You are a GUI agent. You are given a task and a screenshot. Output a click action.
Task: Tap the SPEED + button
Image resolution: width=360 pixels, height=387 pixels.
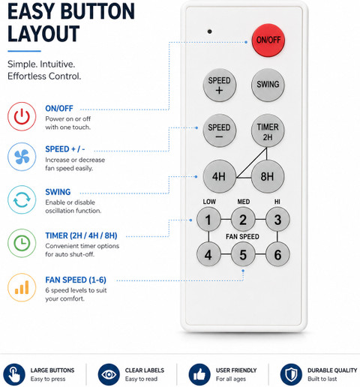(220, 85)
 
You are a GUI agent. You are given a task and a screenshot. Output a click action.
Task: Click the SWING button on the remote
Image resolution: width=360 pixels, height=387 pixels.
(268, 85)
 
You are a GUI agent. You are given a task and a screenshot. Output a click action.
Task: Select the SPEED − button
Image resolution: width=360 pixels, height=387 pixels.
(220, 130)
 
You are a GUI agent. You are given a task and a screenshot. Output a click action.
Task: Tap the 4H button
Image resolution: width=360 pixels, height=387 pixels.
(220, 176)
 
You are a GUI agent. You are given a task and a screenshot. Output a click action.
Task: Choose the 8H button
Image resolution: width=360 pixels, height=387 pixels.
(268, 176)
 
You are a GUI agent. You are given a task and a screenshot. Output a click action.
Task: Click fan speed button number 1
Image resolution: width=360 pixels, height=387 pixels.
(208, 220)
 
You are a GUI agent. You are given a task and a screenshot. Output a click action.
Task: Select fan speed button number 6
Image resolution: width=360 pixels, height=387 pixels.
(277, 254)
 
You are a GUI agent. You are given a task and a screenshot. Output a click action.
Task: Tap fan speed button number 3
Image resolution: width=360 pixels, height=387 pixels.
(277, 220)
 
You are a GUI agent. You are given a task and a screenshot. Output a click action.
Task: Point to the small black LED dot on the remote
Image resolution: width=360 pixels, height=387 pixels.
(210, 31)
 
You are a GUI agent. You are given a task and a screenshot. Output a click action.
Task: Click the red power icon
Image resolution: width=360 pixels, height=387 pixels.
(22, 116)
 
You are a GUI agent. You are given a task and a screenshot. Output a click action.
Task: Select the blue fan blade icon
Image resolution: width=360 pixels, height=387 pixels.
(22, 157)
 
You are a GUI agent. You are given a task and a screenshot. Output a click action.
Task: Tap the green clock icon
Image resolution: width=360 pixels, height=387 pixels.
(22, 243)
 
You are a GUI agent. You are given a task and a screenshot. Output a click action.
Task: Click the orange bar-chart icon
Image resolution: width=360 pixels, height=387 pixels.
(22, 287)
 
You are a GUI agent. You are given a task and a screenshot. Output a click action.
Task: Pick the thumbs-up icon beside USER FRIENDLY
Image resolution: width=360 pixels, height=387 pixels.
(199, 374)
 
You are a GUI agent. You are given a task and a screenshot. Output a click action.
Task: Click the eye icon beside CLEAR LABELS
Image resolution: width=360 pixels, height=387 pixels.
(109, 374)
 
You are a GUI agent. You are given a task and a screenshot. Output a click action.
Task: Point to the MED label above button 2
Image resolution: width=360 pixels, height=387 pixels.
(244, 202)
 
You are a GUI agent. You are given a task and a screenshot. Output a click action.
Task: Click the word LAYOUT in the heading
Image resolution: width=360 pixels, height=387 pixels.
(43, 34)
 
